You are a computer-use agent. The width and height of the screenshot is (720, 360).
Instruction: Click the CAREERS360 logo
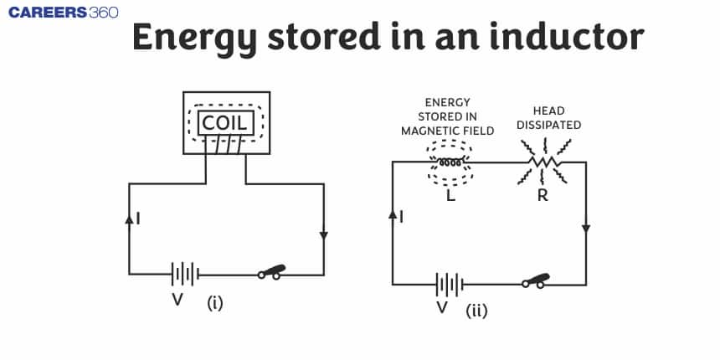pyautogui.click(x=59, y=13)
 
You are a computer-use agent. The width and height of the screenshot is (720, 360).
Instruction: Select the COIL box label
pyautogui.click(x=224, y=124)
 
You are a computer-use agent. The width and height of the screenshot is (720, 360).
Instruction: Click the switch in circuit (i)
pyautogui.click(x=271, y=272)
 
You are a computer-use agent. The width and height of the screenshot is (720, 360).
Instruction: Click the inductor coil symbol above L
pyautogui.click(x=446, y=162)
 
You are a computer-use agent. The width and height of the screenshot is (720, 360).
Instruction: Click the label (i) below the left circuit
pyautogui.click(x=215, y=303)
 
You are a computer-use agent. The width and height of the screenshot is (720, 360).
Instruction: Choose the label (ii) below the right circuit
pyautogui.click(x=476, y=311)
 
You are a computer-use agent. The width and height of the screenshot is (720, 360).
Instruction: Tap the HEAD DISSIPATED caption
pyautogui.click(x=548, y=118)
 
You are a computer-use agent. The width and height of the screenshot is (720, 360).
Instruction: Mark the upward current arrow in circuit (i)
pyautogui.click(x=129, y=219)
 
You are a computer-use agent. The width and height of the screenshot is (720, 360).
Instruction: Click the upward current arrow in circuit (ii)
pyautogui.click(x=393, y=216)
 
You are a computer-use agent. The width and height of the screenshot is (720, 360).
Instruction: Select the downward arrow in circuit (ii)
pyautogui.click(x=585, y=228)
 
